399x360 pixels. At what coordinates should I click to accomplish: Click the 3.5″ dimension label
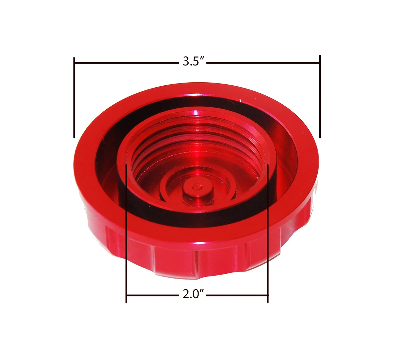click(194, 61)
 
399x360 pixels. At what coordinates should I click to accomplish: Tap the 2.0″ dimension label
click(193, 294)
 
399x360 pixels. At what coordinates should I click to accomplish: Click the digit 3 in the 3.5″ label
click(186, 61)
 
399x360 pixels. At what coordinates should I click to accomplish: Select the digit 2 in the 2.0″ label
click(186, 294)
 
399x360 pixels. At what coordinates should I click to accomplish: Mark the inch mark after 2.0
click(202, 291)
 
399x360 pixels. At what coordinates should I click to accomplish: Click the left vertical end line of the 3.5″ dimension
click(74, 98)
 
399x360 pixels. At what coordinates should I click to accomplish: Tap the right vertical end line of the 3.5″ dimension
click(320, 97)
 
